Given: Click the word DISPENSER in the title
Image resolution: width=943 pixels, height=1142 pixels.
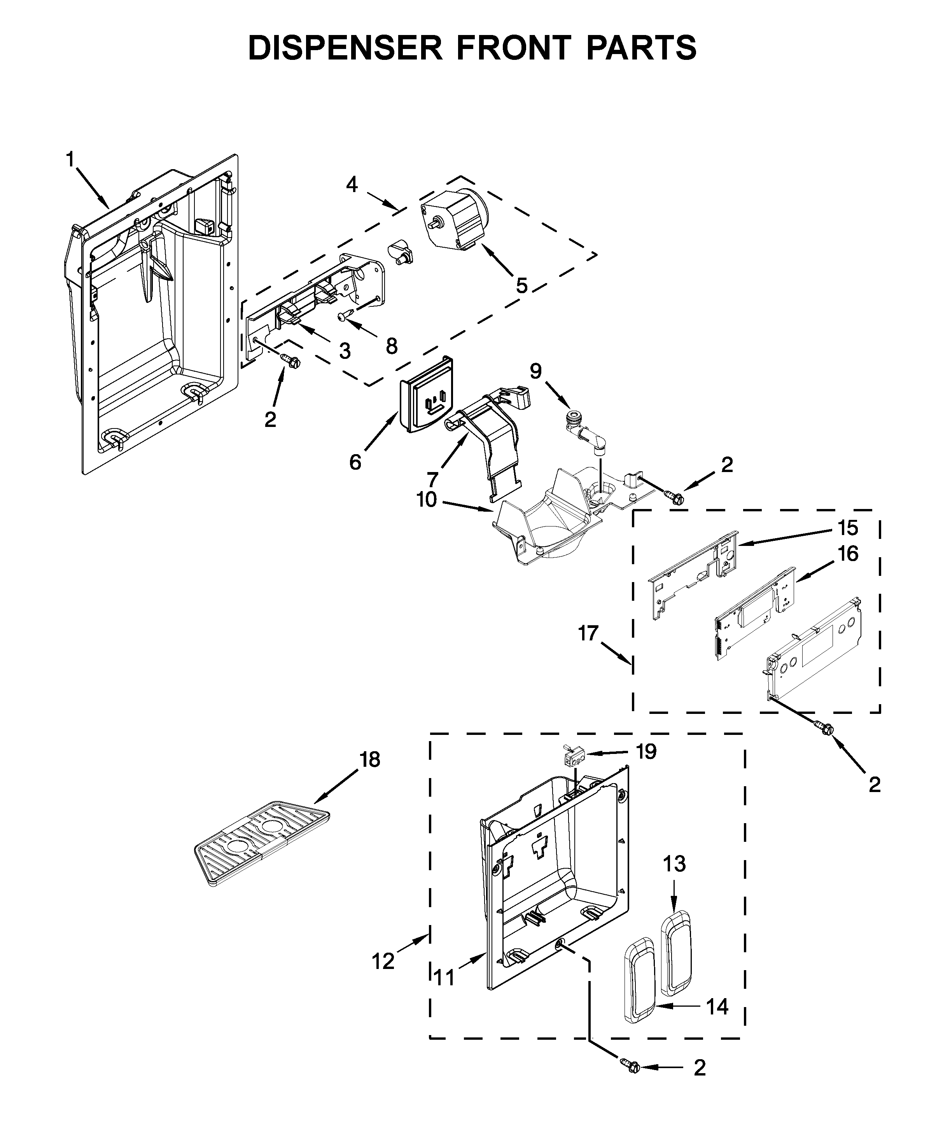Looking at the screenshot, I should pyautogui.click(x=345, y=48).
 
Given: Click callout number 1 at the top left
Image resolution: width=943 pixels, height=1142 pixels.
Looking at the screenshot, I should pyautogui.click(x=70, y=160).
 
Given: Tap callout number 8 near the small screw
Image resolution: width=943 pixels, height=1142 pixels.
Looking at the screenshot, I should pyautogui.click(x=391, y=346).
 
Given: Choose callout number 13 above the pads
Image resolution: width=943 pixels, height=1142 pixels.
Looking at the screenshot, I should pyautogui.click(x=674, y=864).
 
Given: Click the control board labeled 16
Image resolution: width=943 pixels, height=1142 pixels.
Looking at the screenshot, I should pyautogui.click(x=755, y=612).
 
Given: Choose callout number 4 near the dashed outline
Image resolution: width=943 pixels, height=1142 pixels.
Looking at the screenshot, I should pyautogui.click(x=352, y=185).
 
